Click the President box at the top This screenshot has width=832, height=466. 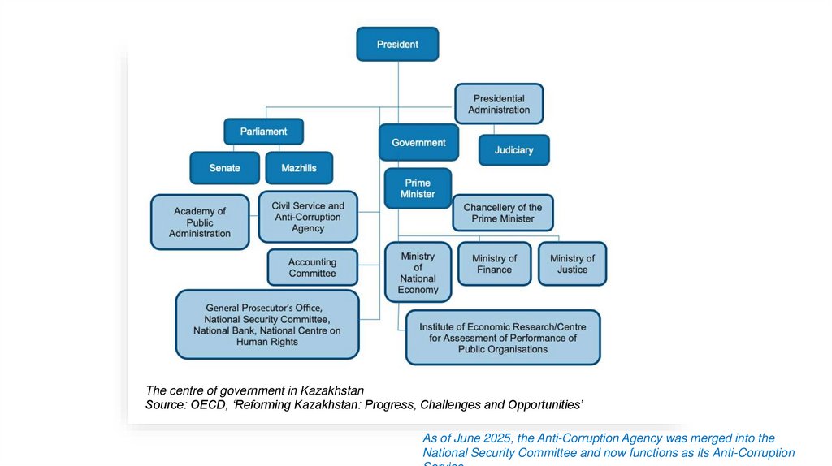pos(397,45)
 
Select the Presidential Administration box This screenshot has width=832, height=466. pos(499,104)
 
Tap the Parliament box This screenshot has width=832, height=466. pos(263,132)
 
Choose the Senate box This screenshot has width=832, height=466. pos(224,168)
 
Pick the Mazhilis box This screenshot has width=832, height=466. pos(299,168)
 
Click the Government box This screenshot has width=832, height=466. pos(418,143)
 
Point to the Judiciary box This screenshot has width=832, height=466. pos(513,150)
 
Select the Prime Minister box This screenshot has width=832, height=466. pos(418,188)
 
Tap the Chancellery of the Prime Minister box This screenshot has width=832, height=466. pos(503,213)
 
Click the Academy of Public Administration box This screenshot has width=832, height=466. pos(200,222)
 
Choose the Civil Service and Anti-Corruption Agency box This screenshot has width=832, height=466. pos(308,217)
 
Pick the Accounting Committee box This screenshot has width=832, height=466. pos(312,268)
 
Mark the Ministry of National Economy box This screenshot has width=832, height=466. pos(418,273)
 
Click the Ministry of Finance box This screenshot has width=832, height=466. pos(494,264)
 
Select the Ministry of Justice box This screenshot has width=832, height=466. pos(572,264)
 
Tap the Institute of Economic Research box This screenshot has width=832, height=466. pos(503,338)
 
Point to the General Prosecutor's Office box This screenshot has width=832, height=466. pos(267,325)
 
